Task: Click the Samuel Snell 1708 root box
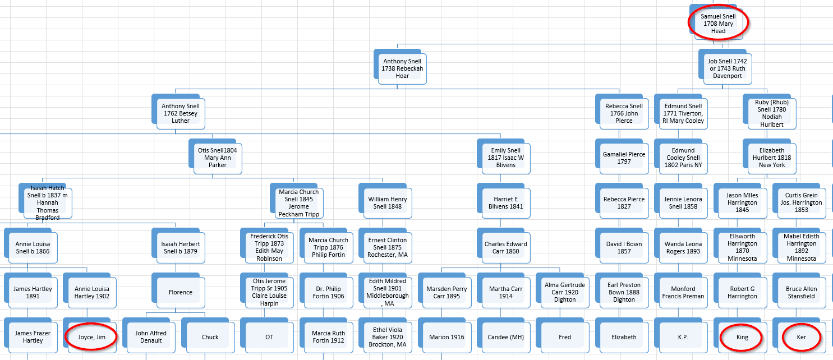point(718,24)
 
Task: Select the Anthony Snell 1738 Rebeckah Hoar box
point(402,68)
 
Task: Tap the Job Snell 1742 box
point(728,68)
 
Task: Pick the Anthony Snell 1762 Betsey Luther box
point(181,113)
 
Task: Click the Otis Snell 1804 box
point(218,158)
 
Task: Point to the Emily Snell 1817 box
point(506,158)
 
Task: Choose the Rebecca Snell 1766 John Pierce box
point(624,113)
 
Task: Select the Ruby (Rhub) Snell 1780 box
point(772,113)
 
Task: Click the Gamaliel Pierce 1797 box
point(624,158)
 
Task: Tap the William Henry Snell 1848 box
point(387,202)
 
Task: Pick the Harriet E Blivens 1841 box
point(506,202)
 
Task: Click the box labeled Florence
point(181,292)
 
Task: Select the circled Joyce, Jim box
point(91,337)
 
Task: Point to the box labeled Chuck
point(210,337)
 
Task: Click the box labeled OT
point(269,337)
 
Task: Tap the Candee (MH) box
point(506,337)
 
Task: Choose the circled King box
point(742,337)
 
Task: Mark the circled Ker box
point(801,337)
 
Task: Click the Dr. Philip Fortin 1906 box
point(328,292)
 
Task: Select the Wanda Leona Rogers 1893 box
point(683,247)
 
